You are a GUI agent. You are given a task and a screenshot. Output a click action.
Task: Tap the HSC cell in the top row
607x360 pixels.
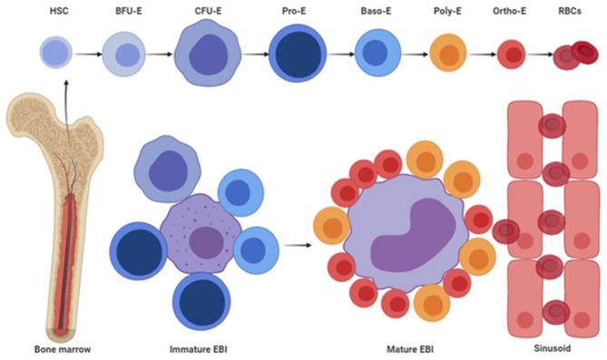pyautogui.click(x=54, y=54)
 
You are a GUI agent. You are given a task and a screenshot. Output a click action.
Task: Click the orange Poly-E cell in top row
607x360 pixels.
pyautogui.click(x=447, y=54)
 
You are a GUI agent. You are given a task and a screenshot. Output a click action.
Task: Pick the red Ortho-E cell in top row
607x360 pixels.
pyautogui.click(x=512, y=54)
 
